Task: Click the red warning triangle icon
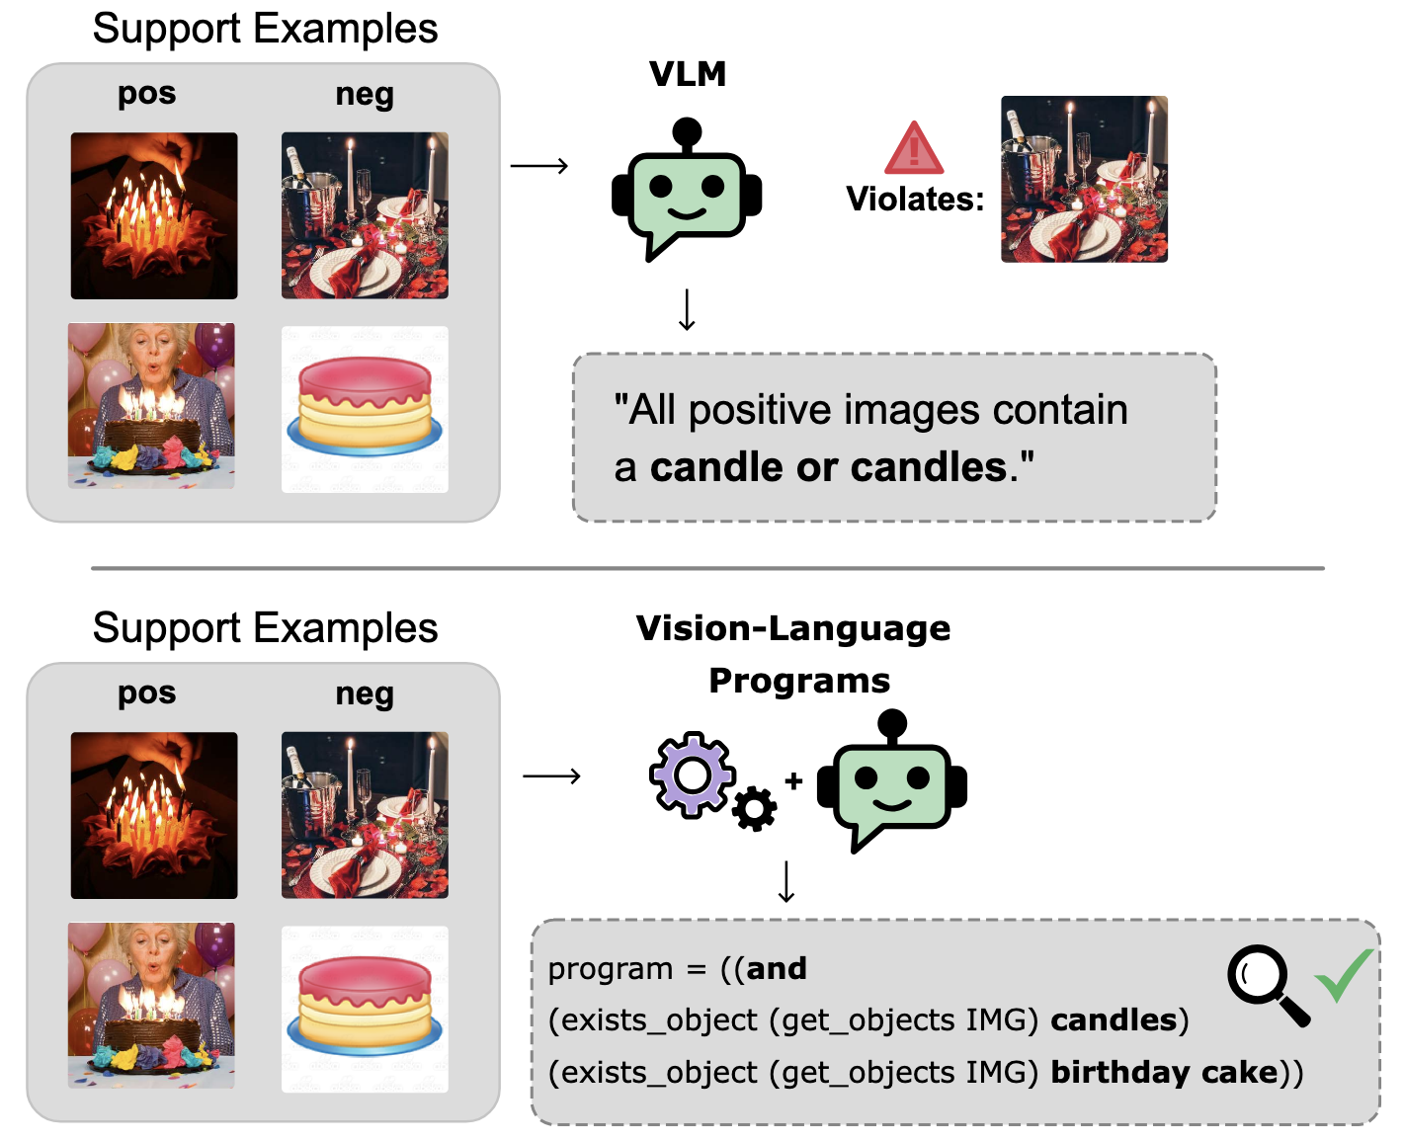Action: click(x=914, y=150)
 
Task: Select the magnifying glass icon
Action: click(x=1266, y=984)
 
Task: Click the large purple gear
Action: click(x=693, y=775)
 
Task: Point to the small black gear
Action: click(x=755, y=809)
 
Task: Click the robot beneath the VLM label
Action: click(x=687, y=191)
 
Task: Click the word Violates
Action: click(x=914, y=200)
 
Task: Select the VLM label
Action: click(x=688, y=74)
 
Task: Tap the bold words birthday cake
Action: click(x=1164, y=1072)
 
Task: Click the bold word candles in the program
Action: click(x=1114, y=1020)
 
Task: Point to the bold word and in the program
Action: click(x=777, y=968)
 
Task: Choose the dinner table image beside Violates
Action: click(x=1084, y=179)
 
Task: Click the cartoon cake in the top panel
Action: click(x=365, y=409)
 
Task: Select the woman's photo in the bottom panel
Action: click(x=151, y=1006)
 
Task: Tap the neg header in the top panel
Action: click(x=365, y=95)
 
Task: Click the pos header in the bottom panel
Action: click(x=146, y=693)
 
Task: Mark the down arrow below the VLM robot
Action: click(x=687, y=309)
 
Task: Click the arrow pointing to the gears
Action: click(x=551, y=776)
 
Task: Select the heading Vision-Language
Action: click(x=792, y=628)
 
